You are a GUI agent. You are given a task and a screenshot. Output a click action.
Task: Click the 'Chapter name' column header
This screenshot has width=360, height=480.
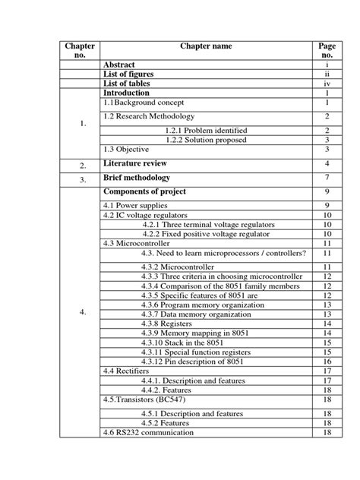point(206,47)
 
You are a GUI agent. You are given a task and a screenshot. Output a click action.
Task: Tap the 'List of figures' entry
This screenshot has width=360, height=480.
point(128,74)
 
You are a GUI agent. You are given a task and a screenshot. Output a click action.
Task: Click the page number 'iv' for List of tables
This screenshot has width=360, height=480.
point(327,84)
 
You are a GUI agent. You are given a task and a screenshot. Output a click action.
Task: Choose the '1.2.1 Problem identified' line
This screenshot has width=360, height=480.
point(206,131)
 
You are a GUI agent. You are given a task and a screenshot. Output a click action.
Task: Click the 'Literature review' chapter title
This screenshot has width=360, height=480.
point(134,163)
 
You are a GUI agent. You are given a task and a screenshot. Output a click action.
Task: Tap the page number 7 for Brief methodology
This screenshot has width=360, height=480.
point(327,178)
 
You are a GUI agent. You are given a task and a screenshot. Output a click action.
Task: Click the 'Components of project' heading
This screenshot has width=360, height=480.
point(144,191)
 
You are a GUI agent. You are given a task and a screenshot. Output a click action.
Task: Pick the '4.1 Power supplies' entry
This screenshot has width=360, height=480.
point(134,206)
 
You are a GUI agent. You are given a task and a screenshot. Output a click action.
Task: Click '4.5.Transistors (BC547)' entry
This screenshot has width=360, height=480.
point(144,399)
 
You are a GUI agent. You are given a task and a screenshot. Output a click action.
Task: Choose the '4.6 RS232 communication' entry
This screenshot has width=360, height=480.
point(148,432)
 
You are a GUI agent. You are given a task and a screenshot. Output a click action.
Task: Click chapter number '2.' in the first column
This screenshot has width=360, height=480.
point(82,164)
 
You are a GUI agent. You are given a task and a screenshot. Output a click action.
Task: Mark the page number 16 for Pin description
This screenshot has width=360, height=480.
point(327,362)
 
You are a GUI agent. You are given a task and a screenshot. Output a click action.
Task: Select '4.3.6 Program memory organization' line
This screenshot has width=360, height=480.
point(202,305)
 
